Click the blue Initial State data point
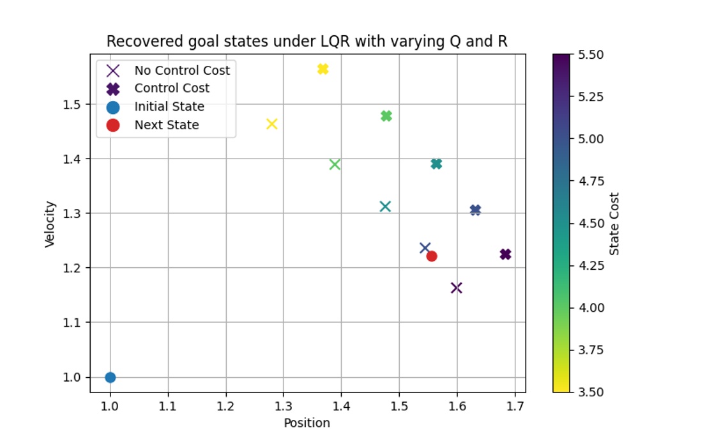(110, 377)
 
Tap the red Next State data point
(432, 256)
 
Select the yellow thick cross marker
(323, 69)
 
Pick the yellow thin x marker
(271, 124)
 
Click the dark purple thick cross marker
(505, 254)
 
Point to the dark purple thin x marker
(456, 288)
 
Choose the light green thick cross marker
(386, 116)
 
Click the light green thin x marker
(335, 165)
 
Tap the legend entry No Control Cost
(182, 70)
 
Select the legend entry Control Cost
(172, 88)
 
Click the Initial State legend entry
(169, 107)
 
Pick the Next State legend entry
(167, 125)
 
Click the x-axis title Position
(307, 423)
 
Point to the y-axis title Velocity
(50, 224)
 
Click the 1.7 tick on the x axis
(515, 405)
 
